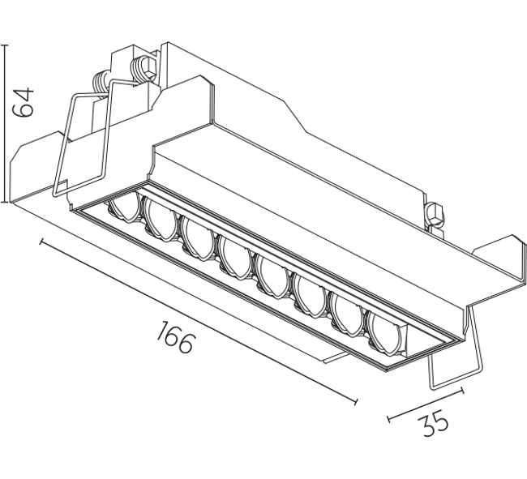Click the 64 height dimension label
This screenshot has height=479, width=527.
tap(23, 102)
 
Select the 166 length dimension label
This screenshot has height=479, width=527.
tap(175, 337)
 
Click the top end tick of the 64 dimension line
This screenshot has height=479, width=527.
tap(5, 45)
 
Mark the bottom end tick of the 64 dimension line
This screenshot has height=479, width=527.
tap(5, 202)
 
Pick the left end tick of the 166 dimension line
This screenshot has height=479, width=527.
tap(41, 242)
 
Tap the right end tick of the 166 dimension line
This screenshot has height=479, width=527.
tap(356, 401)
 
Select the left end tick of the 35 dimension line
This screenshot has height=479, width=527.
tap(388, 419)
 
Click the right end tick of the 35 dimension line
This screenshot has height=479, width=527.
tap(463, 391)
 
